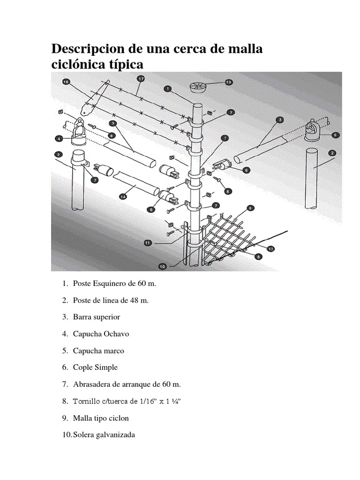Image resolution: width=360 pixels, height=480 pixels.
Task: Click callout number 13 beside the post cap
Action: coord(228,82)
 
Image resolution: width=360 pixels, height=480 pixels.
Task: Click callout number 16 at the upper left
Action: coord(66,82)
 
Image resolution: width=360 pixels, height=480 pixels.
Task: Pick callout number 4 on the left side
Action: coord(59,138)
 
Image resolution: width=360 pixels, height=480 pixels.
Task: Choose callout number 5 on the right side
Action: coord(335,135)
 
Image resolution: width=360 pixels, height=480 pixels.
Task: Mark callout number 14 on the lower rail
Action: coord(123,197)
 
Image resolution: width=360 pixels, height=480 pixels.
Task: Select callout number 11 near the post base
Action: coord(148,243)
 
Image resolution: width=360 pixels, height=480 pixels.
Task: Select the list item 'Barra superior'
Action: coord(97,317)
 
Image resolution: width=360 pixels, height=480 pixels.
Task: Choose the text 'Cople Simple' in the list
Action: coord(95,367)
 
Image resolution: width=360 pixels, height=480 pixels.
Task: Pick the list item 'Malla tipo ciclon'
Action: coord(101,418)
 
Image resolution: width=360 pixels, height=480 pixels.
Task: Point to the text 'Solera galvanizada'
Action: coord(104,435)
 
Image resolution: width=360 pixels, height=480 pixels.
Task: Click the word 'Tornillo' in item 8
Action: coord(88,401)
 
